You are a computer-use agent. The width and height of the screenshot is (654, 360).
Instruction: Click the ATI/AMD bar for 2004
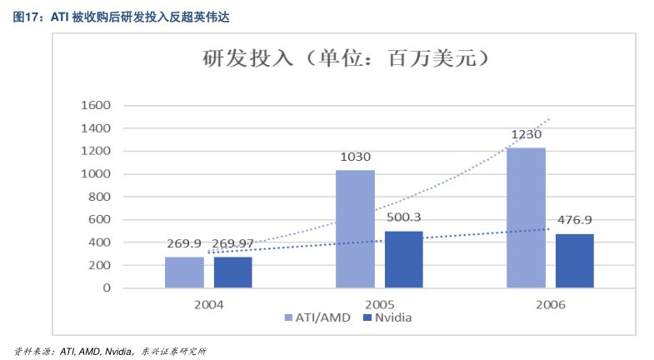(184, 272)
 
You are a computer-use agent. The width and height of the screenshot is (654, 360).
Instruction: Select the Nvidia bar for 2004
(232, 272)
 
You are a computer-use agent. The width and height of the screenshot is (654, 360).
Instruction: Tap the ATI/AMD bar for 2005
(355, 229)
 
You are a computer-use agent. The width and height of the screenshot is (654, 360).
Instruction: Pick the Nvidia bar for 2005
(403, 259)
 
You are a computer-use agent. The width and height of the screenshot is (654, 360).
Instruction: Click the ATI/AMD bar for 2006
(526, 217)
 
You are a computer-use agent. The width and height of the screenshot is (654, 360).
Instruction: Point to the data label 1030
(355, 157)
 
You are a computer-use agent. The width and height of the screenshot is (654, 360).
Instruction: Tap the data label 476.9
(574, 220)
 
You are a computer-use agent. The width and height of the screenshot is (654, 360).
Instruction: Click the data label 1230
(527, 134)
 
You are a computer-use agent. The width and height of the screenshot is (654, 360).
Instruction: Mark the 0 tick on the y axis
(107, 288)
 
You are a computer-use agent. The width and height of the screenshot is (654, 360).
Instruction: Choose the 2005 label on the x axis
(378, 304)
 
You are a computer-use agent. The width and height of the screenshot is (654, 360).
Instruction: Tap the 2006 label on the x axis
(550, 304)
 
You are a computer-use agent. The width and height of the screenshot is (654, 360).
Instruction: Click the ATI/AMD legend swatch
(288, 317)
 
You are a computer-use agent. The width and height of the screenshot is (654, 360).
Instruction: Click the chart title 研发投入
(242, 60)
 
